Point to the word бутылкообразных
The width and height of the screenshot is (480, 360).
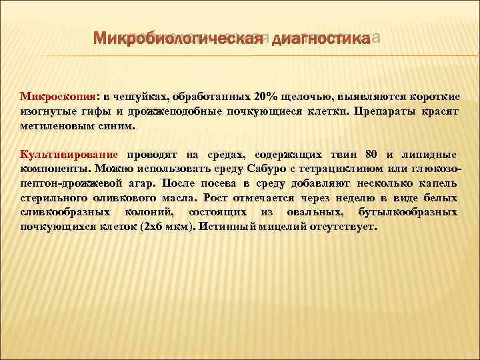414,212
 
